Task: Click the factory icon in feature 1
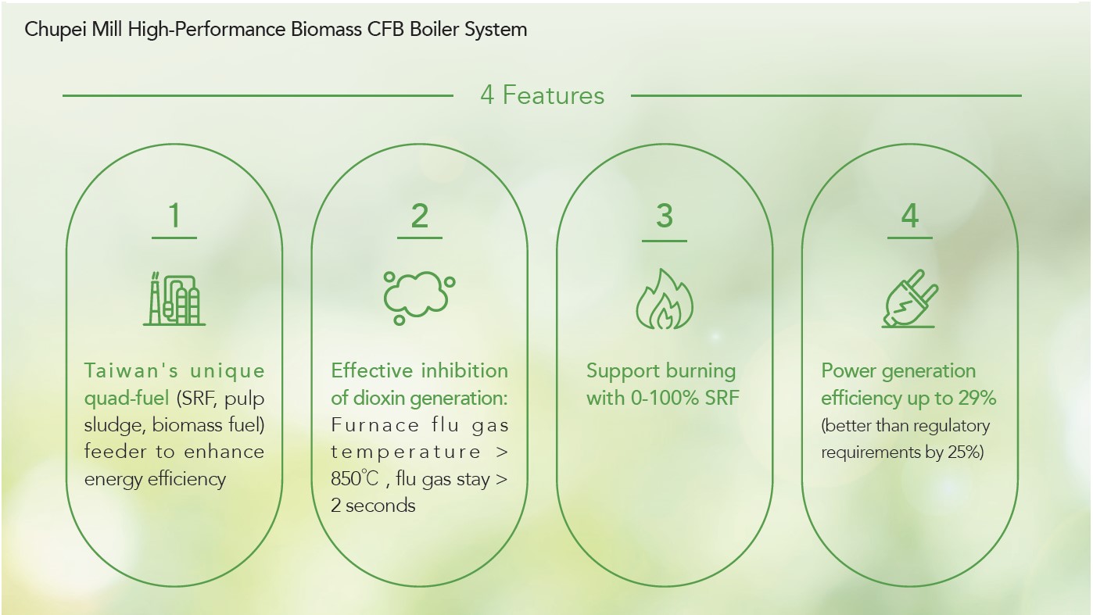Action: (174, 299)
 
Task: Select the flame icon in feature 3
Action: (664, 299)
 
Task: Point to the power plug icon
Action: (909, 299)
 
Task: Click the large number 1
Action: (174, 216)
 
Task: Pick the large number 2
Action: (420, 216)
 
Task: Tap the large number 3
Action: (665, 216)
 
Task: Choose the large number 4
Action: (910, 216)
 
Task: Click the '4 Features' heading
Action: (542, 95)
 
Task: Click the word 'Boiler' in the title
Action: (434, 29)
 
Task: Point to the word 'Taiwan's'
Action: (131, 370)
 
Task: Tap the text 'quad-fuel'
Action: (127, 399)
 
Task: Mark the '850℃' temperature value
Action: (355, 478)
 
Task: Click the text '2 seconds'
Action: (373, 506)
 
